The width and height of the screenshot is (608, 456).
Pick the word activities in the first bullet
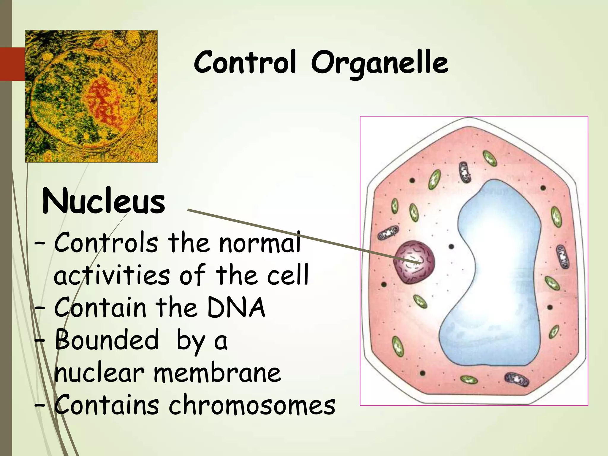pyautogui.click(x=112, y=275)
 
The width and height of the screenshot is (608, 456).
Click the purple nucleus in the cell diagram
pyautogui.click(x=414, y=262)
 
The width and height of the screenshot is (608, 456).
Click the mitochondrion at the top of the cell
pyautogui.click(x=465, y=172)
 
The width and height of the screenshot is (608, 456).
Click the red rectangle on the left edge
pyautogui.click(x=12, y=64)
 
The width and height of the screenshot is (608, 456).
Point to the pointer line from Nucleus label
pyautogui.click(x=297, y=235)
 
